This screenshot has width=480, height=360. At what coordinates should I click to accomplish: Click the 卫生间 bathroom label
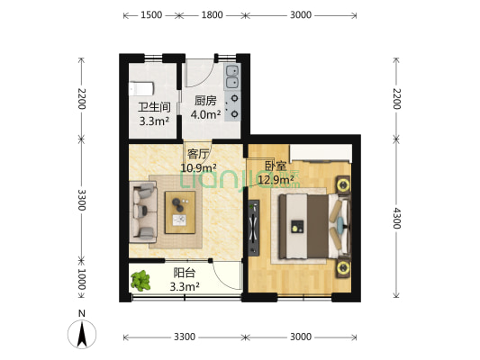[154, 107]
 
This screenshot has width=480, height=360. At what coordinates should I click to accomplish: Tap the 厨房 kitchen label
[205, 101]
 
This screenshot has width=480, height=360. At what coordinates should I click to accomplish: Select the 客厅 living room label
[198, 154]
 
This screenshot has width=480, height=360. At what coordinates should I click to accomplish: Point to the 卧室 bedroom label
[276, 166]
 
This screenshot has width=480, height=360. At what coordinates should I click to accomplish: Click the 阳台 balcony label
[185, 273]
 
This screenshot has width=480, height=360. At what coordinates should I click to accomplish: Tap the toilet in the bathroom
[141, 89]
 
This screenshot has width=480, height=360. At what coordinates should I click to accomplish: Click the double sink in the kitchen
[232, 76]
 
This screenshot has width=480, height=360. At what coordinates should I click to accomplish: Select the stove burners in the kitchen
[232, 106]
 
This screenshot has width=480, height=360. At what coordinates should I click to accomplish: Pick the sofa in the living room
[143, 212]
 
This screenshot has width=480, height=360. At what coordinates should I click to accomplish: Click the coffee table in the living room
[180, 212]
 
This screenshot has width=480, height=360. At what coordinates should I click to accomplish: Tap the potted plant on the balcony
[140, 281]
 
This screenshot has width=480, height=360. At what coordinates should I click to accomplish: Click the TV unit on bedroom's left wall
[254, 228]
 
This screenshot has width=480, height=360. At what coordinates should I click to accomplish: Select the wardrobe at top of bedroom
[321, 153]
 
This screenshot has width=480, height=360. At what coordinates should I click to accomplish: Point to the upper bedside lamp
[343, 185]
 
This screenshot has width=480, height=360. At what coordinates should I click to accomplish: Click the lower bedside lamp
[343, 268]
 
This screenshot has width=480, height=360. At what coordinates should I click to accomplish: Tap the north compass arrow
[82, 334]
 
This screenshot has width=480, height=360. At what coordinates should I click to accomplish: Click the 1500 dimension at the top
[151, 14]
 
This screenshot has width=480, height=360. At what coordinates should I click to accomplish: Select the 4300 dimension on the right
[397, 218]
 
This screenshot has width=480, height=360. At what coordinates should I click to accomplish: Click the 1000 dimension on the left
[81, 279]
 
